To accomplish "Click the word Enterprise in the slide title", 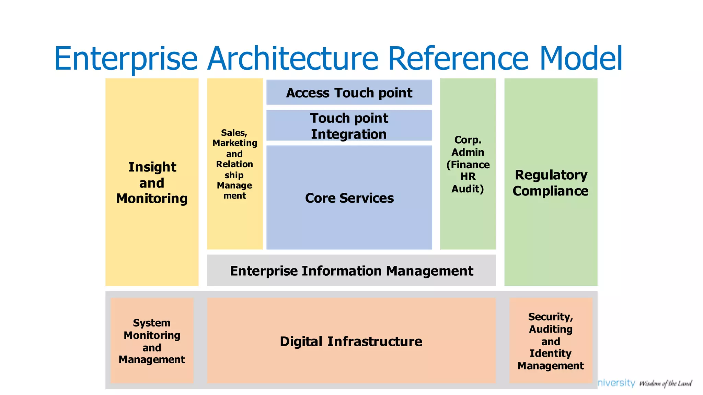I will tap(126, 59).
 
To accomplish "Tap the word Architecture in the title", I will tap(293, 59).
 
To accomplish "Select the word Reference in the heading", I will tap(458, 59).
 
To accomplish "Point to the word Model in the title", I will tap(581, 59).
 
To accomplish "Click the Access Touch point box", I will tap(349, 93).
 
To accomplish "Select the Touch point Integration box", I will tap(349, 126).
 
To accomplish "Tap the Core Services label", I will tap(349, 198).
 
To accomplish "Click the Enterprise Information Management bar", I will tap(351, 271).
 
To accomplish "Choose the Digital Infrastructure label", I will tap(351, 342).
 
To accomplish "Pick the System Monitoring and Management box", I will tap(152, 341).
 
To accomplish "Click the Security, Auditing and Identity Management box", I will tap(551, 341).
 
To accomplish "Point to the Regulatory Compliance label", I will tap(551, 183).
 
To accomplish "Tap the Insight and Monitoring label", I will tap(152, 183).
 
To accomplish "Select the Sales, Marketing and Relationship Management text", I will tap(235, 164).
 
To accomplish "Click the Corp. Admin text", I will tap(468, 146).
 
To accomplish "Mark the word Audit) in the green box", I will tap(468, 189).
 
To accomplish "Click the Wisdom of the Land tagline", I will tap(665, 383).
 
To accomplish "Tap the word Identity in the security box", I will tap(551, 353).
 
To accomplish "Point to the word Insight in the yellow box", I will tap(152, 167).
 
